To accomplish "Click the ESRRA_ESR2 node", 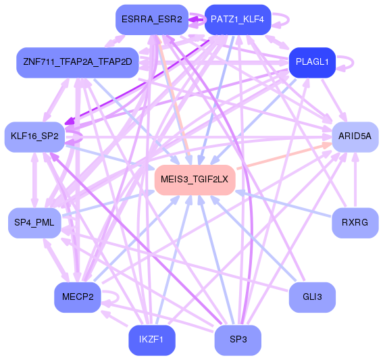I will [x=151, y=20].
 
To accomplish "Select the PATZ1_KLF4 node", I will [x=237, y=20].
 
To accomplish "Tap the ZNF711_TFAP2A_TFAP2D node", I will [x=77, y=62].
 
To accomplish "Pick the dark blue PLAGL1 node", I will [x=312, y=62].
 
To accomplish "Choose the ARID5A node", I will [x=355, y=136].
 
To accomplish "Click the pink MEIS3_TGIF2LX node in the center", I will [x=195, y=179].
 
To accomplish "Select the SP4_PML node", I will [x=34, y=222].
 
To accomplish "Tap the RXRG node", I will [x=355, y=222].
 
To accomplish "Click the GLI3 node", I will [x=312, y=297].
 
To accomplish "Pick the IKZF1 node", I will [x=151, y=339].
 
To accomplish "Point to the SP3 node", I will [x=237, y=339].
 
